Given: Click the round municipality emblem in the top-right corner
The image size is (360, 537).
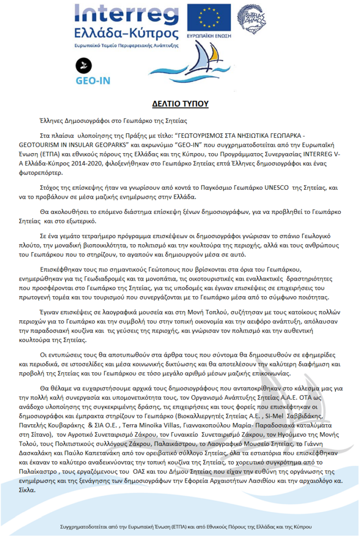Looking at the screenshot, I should tap(250, 19).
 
